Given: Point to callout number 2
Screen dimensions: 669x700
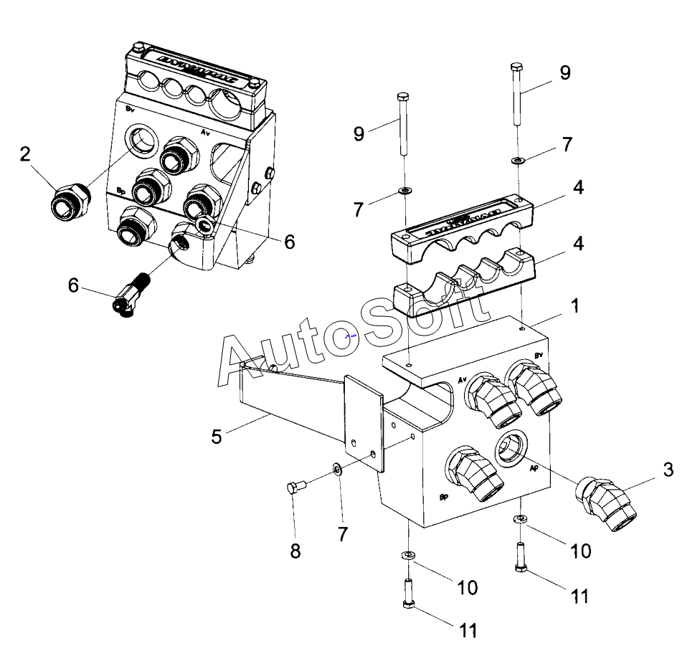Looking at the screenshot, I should coord(26,153).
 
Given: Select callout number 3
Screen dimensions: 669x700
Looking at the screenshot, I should coord(667,470).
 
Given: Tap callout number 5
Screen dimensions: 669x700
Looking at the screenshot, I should coord(216,436).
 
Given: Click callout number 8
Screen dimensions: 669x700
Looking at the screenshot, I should coord(295,551).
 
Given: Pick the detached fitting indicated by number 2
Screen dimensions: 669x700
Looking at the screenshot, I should coord(70,201).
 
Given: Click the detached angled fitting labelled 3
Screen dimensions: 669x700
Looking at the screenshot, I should coord(608,505).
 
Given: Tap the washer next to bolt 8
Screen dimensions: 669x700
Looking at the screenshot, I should coord(336,470).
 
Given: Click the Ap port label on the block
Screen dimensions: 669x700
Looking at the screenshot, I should coord(534,469).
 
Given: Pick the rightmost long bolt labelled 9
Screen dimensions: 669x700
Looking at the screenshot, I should coord(516,100).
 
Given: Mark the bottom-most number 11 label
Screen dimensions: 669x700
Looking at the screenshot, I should coord(467,630).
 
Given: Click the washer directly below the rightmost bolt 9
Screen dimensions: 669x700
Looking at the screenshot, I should coord(518,159).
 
